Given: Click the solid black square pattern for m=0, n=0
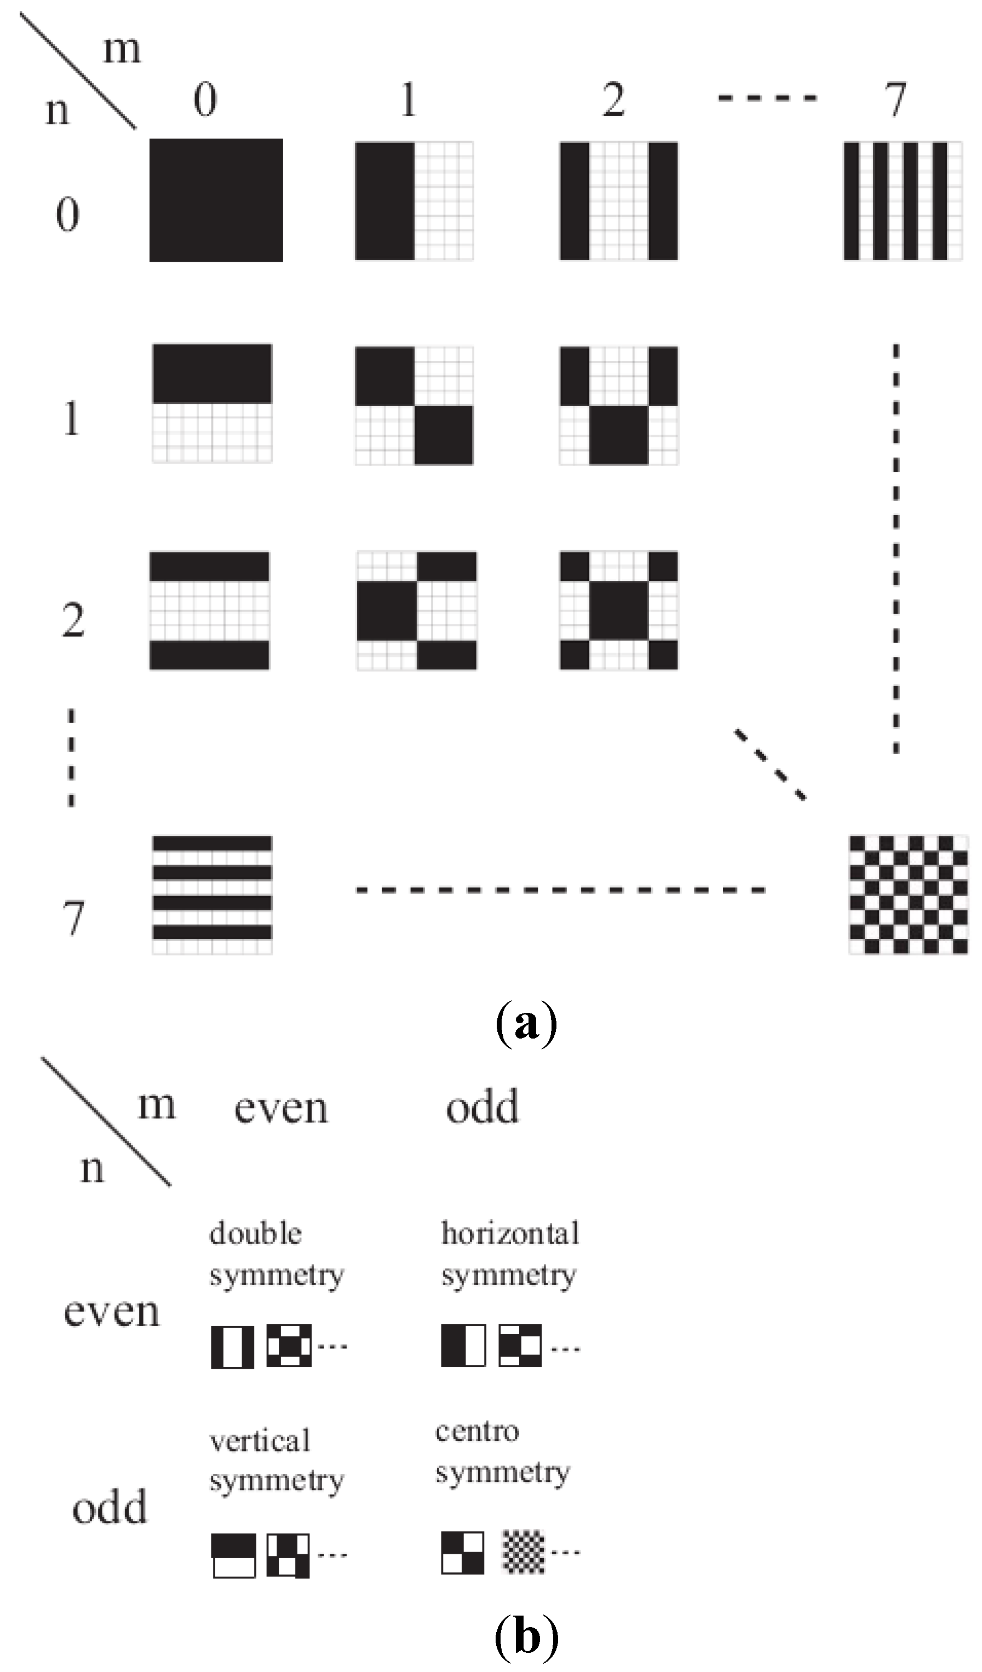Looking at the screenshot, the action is [x=216, y=200].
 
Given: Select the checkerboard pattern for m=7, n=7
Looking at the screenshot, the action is [x=908, y=895].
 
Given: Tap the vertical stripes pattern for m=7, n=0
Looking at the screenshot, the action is [x=903, y=200].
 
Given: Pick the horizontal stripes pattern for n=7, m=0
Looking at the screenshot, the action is [x=212, y=895].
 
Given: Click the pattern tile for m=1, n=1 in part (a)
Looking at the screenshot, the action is [x=414, y=405].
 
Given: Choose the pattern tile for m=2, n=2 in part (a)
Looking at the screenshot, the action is [x=619, y=610].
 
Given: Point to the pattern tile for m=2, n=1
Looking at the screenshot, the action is [x=619, y=405].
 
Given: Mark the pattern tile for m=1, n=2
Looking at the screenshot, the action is [x=416, y=610].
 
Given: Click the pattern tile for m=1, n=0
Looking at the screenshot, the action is [x=414, y=200].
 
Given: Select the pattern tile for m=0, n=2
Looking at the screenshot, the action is [x=210, y=610].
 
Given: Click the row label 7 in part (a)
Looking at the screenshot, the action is [x=73, y=918].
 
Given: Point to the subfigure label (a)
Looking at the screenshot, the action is [x=526, y=1024].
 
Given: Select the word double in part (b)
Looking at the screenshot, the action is [x=256, y=1233].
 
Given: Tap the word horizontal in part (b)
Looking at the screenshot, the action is [x=510, y=1233].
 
